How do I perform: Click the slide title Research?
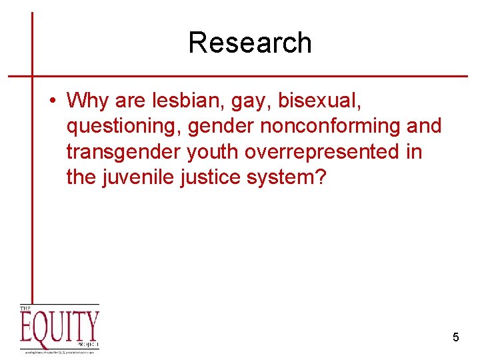click(x=249, y=43)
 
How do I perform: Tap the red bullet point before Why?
click(x=51, y=101)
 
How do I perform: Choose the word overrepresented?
click(x=324, y=152)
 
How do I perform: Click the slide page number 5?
click(x=456, y=337)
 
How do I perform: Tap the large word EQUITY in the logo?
click(x=59, y=329)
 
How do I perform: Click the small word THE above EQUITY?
click(x=25, y=309)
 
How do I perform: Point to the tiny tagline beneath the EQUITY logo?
click(x=59, y=351)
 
